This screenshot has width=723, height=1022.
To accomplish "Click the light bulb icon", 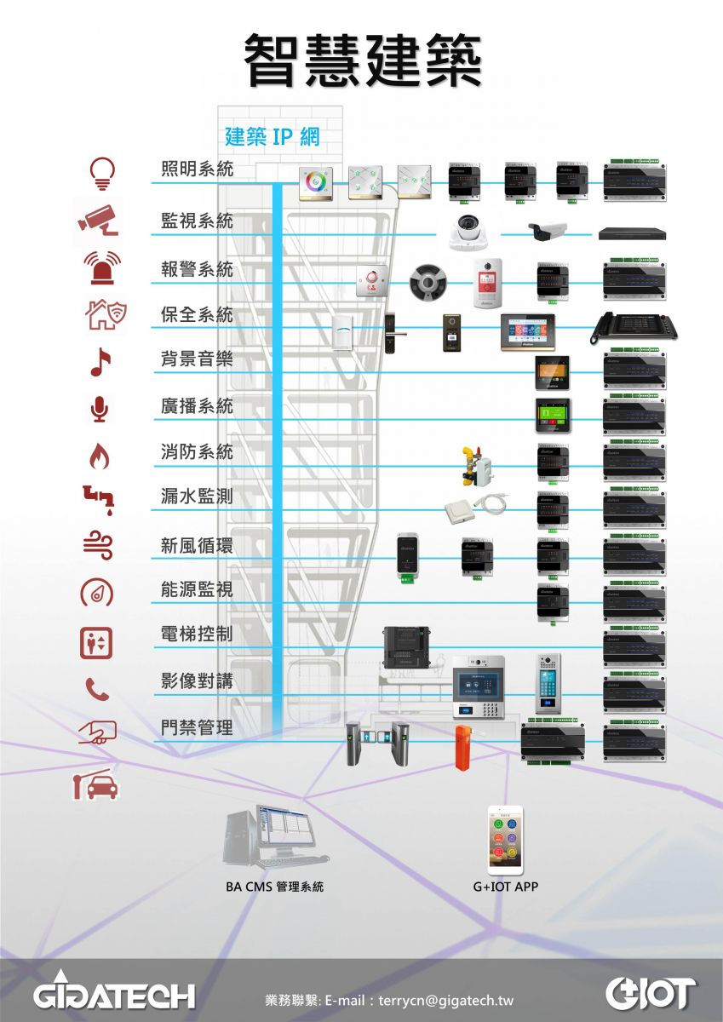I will [101, 173].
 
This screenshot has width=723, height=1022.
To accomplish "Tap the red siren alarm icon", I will [101, 267].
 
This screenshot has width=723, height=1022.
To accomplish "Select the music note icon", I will [100, 362].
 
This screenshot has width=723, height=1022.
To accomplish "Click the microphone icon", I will [100, 410].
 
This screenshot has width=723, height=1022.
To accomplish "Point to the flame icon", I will [100, 458].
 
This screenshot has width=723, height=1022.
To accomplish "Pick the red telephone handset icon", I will [99, 689].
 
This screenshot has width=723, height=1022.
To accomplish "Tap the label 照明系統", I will [197, 169].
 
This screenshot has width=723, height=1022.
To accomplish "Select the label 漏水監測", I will [197, 496].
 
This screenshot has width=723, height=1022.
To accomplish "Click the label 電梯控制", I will [197, 634].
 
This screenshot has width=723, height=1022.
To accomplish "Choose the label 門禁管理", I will [197, 728].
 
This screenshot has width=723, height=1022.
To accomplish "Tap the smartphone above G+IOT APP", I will [505, 840].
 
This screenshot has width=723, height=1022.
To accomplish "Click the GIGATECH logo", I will [114, 993].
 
